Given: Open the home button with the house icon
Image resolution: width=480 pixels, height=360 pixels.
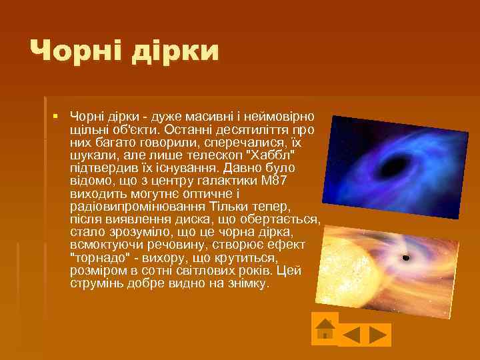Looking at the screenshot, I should [325, 328].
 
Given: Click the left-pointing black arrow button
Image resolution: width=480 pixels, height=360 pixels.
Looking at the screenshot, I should [351, 334].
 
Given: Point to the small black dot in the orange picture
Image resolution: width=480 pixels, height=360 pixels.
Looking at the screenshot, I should [405, 257].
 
